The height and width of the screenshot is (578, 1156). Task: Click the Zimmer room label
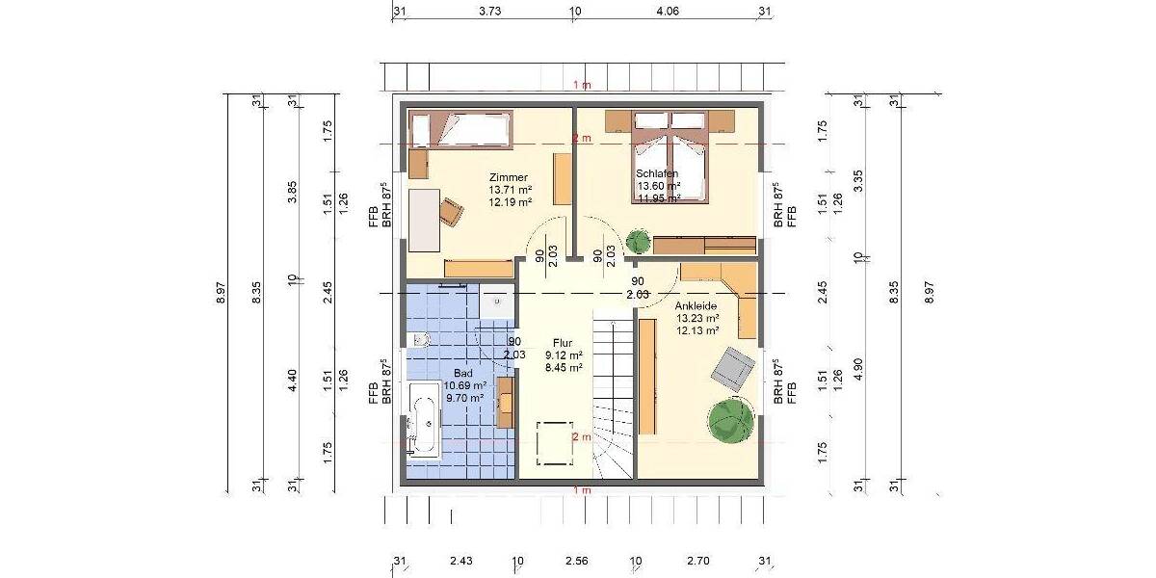(508, 178)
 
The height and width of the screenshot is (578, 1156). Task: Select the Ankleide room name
(696, 305)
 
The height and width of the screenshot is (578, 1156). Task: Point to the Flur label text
(564, 342)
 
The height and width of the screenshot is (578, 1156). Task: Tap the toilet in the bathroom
(419, 339)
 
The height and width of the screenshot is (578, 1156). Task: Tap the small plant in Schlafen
(638, 240)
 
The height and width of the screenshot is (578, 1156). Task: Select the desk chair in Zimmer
(451, 210)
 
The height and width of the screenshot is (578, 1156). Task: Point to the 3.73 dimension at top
(489, 13)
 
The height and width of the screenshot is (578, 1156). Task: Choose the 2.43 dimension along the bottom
(460, 561)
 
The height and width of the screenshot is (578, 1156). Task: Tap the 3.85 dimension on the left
(292, 193)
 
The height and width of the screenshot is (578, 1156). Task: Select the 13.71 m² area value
(511, 191)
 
